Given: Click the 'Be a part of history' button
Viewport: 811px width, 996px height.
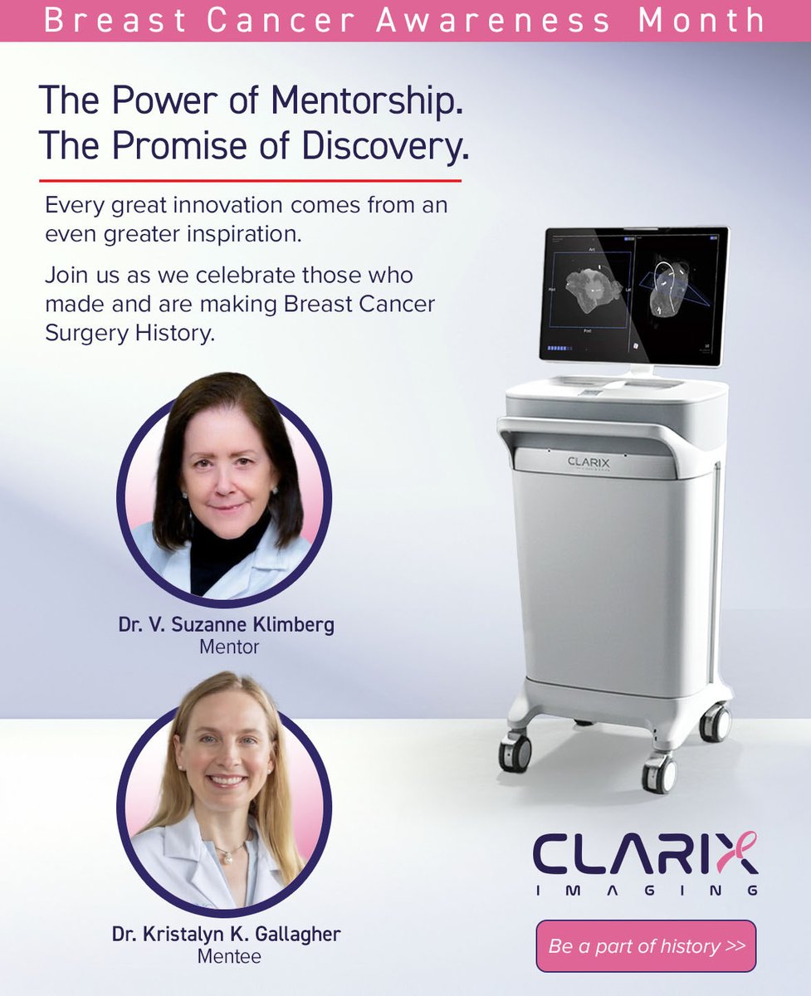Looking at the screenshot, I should click(646, 946).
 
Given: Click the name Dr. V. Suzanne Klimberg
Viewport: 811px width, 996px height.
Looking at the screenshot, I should click(226, 625).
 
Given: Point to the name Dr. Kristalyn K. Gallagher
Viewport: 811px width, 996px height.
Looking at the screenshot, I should click(227, 935).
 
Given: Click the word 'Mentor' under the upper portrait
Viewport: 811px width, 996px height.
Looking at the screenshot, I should click(229, 647).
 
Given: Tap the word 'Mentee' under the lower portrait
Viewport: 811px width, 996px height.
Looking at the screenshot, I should click(229, 956).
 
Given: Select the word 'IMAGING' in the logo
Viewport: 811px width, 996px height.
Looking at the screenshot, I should click(646, 891).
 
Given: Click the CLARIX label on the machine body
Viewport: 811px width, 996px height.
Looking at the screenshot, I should click(589, 461).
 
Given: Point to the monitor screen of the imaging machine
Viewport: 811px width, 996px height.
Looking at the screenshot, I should click(634, 295).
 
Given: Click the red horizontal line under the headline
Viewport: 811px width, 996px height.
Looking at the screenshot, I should click(250, 180).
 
